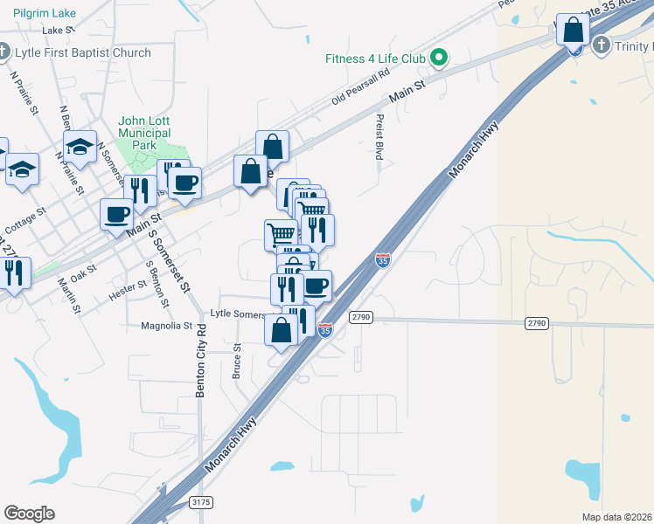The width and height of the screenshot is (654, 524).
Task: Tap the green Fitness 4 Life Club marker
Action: click(441, 59)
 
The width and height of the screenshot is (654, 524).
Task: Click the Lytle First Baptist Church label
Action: click(83, 52)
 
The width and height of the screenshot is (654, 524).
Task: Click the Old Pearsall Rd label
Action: click(359, 88)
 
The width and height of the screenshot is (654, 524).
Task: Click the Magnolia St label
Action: click(166, 326)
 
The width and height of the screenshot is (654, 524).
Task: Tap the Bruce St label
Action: click(236, 360)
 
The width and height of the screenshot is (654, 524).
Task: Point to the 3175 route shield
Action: click(200, 502)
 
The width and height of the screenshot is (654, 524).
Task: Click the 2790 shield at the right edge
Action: click(537, 323)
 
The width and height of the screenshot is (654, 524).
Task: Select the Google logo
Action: click(29, 513)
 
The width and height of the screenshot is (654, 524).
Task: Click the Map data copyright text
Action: click(617, 516)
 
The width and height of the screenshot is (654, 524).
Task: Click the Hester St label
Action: click(128, 286)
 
